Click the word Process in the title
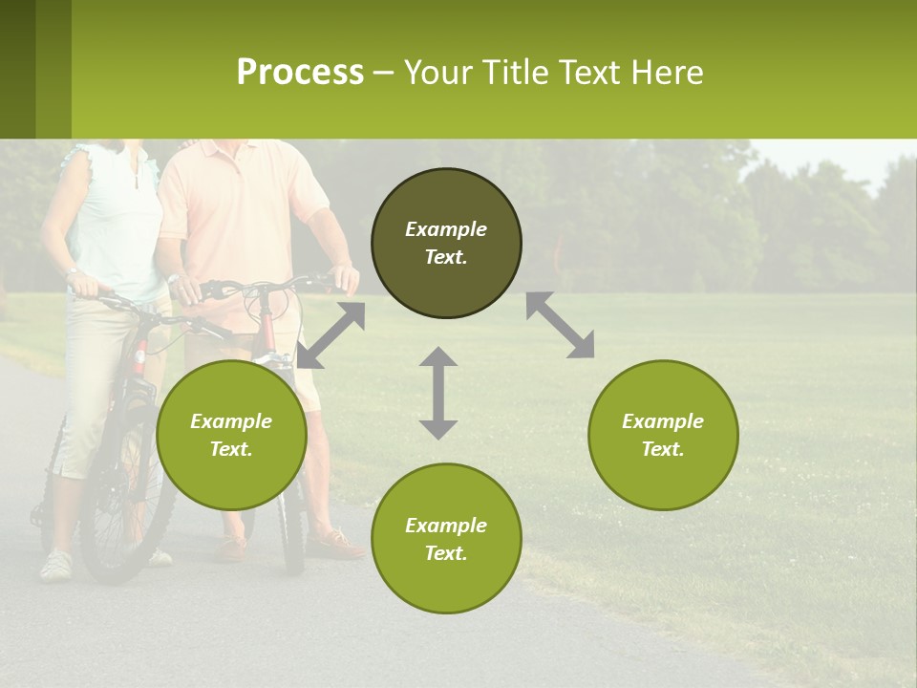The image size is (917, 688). point(300,73)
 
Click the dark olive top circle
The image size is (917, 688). point(446,244)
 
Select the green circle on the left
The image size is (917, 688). point(231,435)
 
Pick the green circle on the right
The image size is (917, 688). point(663,435)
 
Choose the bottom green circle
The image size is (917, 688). point(446,538)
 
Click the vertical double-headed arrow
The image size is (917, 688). point(438,393)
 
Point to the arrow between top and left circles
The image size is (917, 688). point(331,334)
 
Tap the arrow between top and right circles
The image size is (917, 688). point(561,325)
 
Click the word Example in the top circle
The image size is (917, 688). point(446,229)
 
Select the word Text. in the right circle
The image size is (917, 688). point(663,449)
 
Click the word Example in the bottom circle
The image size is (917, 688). point(446,526)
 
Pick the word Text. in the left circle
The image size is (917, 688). point(231,449)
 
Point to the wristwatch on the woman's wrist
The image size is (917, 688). point(72,273)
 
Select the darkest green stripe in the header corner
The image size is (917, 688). point(17,69)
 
